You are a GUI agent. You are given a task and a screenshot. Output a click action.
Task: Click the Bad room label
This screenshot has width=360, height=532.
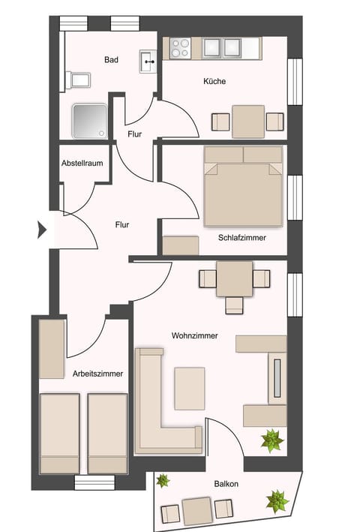(112, 60)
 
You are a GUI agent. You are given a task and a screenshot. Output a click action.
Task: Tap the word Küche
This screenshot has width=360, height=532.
(214, 81)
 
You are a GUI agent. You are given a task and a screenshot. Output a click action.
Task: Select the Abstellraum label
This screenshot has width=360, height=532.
(82, 163)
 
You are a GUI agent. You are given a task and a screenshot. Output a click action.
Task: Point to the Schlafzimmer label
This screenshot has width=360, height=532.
(242, 237)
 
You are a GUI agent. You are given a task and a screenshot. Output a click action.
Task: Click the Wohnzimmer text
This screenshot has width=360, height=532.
(194, 336)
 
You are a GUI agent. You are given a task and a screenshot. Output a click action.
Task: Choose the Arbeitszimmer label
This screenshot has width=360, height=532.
(98, 373)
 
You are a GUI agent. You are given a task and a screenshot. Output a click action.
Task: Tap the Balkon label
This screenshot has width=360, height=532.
(226, 484)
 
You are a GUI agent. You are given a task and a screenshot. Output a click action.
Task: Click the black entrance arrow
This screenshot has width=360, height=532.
(42, 228)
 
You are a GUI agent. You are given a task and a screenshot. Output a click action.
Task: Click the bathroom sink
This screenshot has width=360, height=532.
(147, 62)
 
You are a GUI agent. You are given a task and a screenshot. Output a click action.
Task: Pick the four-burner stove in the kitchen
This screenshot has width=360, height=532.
(181, 48)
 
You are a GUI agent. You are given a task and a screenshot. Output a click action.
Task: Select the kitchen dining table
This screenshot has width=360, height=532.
(247, 121)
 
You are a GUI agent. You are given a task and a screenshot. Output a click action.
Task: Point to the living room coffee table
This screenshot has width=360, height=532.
(189, 387)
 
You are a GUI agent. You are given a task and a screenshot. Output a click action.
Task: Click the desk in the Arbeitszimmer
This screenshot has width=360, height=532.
(52, 349)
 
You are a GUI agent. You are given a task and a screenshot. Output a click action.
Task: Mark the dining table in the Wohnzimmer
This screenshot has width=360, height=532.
(234, 278)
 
